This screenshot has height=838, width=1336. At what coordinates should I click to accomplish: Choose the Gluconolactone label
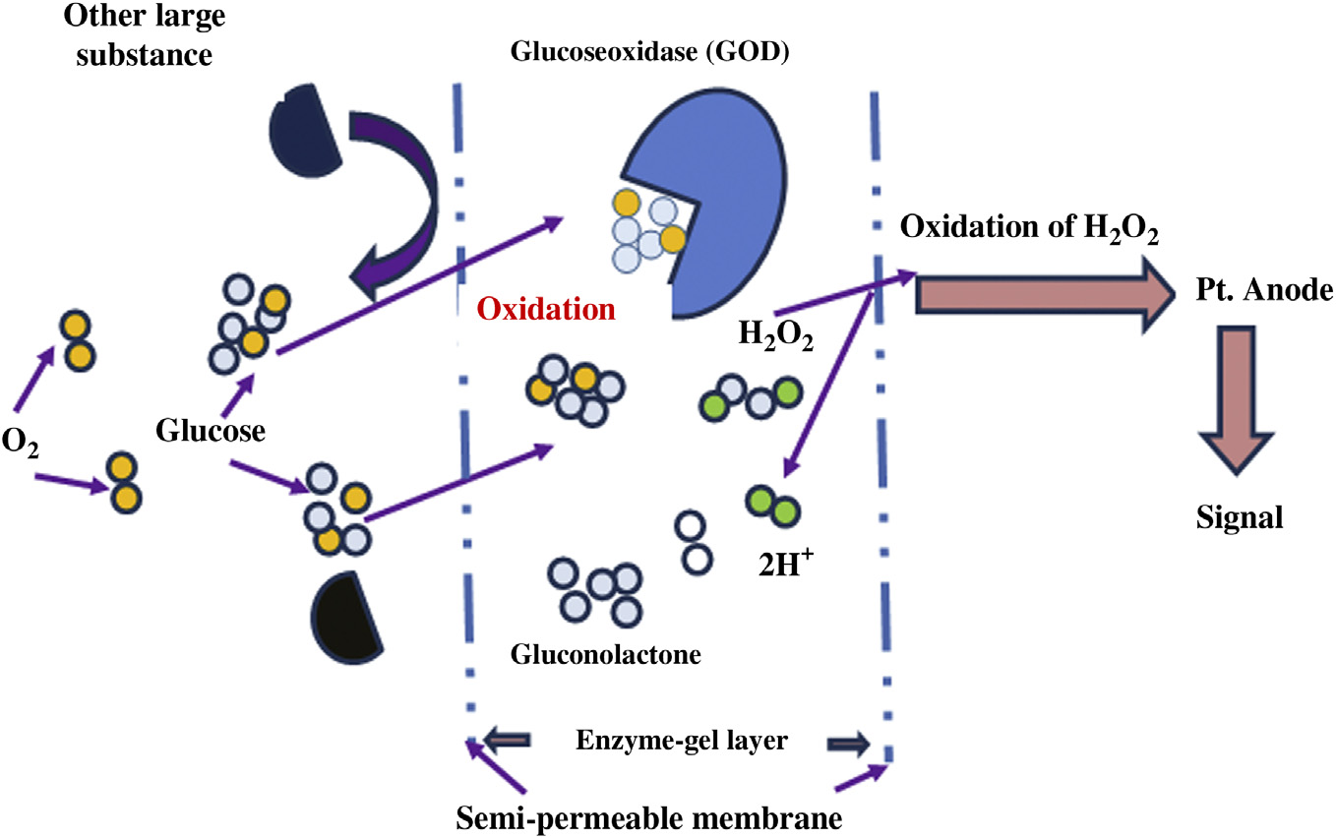tap(606, 653)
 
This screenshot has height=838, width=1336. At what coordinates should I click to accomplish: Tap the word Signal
tap(1240, 517)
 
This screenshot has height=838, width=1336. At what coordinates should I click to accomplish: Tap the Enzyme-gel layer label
tap(681, 741)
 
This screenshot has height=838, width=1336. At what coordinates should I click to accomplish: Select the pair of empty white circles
tap(693, 542)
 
